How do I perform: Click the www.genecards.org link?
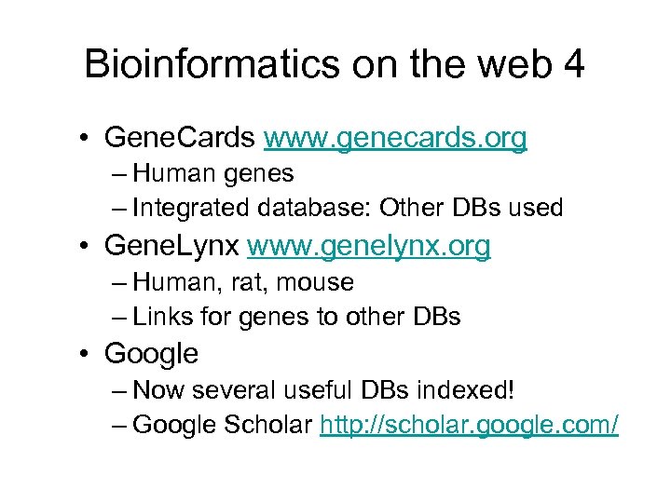[x=395, y=139]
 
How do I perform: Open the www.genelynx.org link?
[x=369, y=247]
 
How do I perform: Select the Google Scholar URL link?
[x=469, y=426]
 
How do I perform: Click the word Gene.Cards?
[x=180, y=139]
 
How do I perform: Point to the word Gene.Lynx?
[x=172, y=247]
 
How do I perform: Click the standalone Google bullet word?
[x=152, y=355]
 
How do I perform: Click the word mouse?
[x=316, y=281]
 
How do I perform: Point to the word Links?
[x=158, y=317]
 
